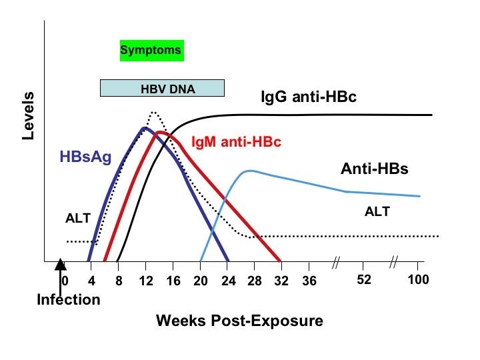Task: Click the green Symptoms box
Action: tap(151, 50)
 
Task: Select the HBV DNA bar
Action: tap(162, 88)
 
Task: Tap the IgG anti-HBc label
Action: tap(308, 97)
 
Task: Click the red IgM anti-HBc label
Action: tap(236, 143)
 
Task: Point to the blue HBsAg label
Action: tap(86, 157)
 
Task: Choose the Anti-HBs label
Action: tap(374, 169)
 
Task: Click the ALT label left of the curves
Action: tap(77, 218)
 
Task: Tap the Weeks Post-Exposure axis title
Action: tap(239, 321)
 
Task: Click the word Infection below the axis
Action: tap(68, 299)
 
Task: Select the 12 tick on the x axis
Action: tap(146, 280)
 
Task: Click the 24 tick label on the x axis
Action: tap(227, 280)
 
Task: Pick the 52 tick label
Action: tap(363, 280)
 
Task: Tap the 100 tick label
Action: tap(418, 280)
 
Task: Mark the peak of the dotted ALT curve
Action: tap(153, 112)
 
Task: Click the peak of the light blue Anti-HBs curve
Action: tap(249, 171)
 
